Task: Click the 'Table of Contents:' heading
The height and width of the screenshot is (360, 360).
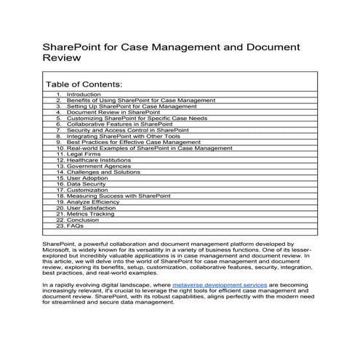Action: tap(84, 85)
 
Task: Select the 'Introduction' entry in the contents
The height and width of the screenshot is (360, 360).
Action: tap(84, 95)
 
